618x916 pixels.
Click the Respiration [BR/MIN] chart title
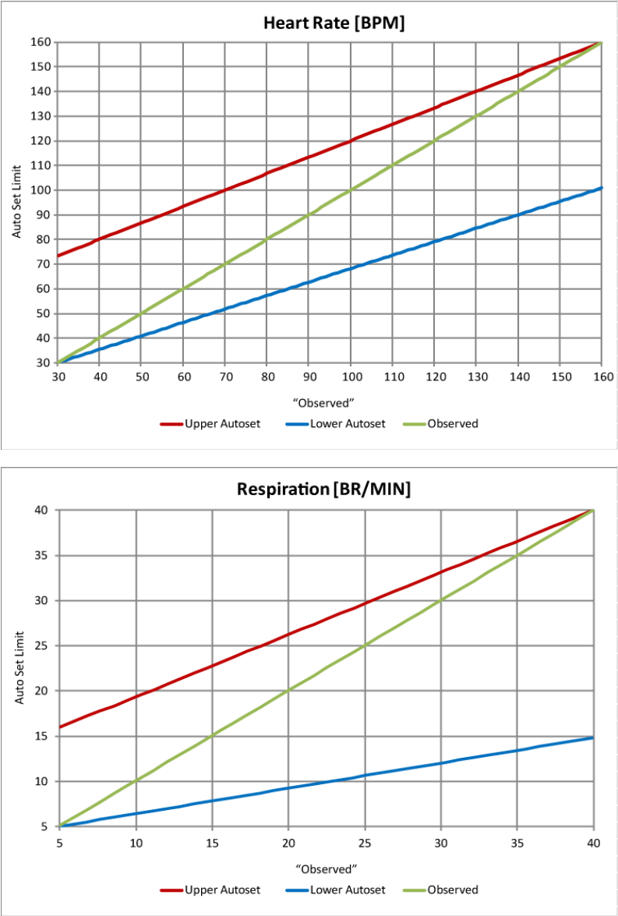(x=323, y=490)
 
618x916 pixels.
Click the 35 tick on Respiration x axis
(x=517, y=842)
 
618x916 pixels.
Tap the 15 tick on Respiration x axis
(x=212, y=842)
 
